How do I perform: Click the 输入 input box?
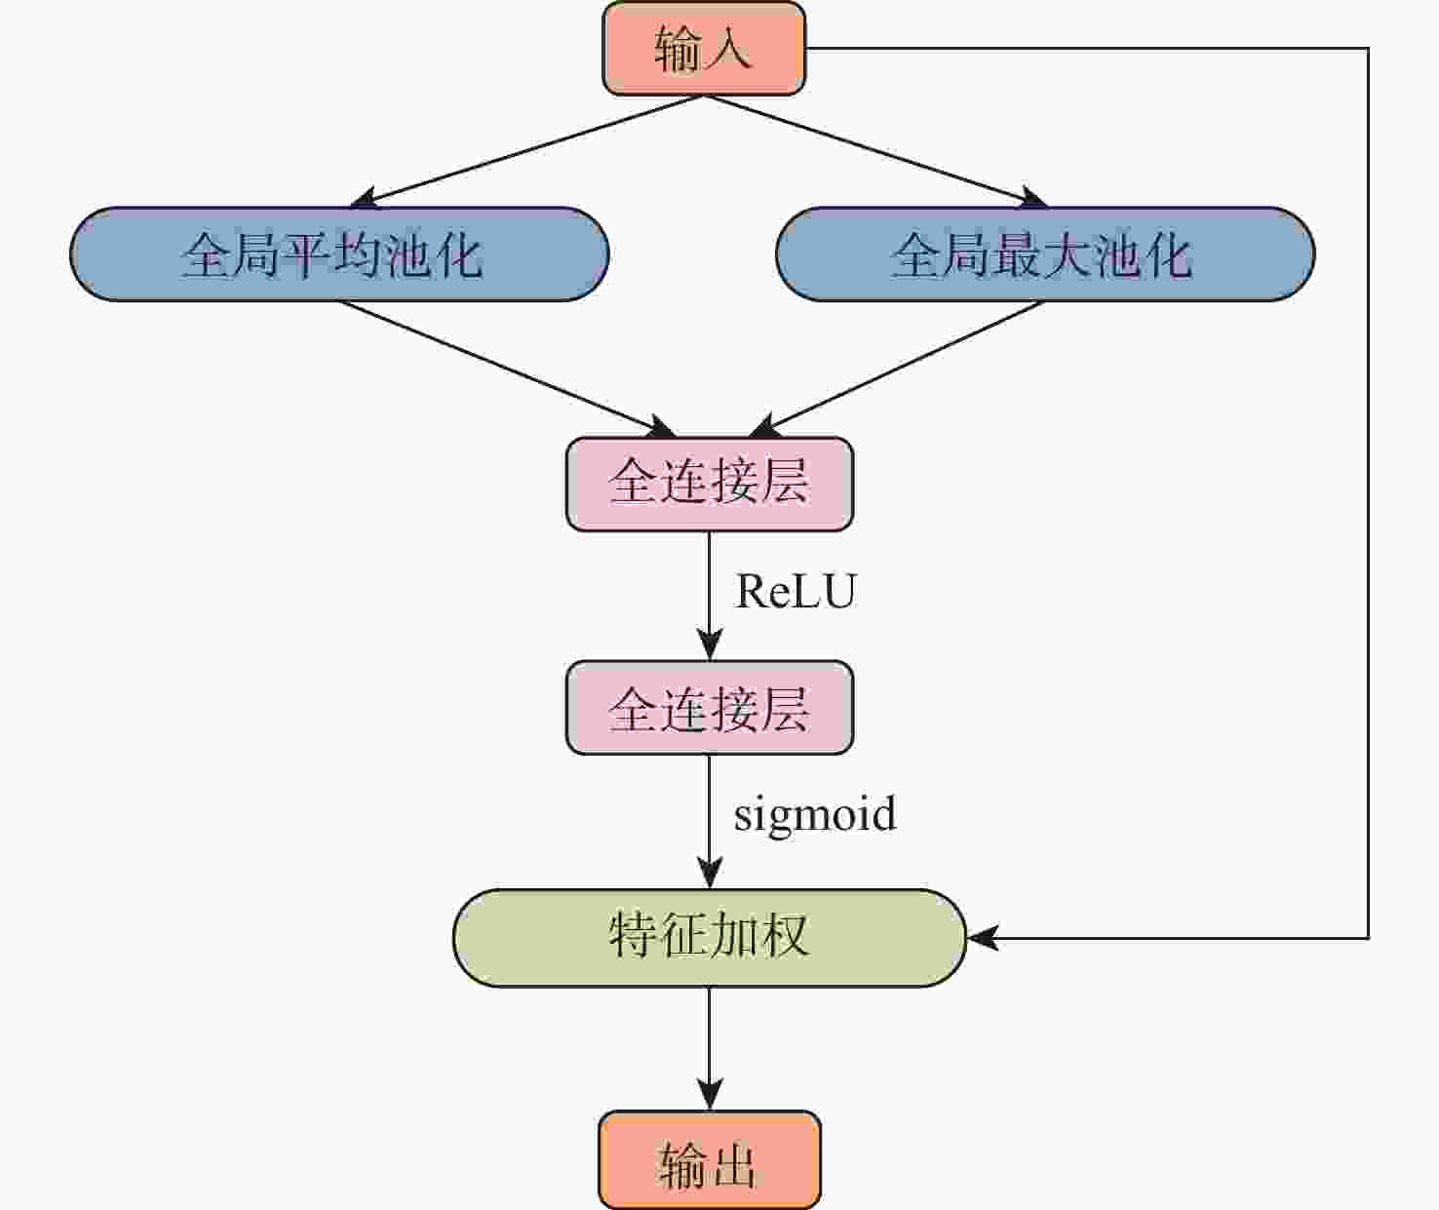[704, 49]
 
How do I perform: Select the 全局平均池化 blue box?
[339, 254]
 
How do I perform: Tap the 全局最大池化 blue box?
[1044, 254]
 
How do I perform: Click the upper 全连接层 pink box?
[710, 484]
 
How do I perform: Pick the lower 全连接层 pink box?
[710, 708]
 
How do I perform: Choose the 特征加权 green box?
[710, 938]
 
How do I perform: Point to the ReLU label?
[796, 592]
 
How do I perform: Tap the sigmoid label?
[815, 814]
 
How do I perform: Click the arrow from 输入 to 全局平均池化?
[526, 151]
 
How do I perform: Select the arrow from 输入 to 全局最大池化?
[877, 151]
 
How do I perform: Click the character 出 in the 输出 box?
[733, 1164]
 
